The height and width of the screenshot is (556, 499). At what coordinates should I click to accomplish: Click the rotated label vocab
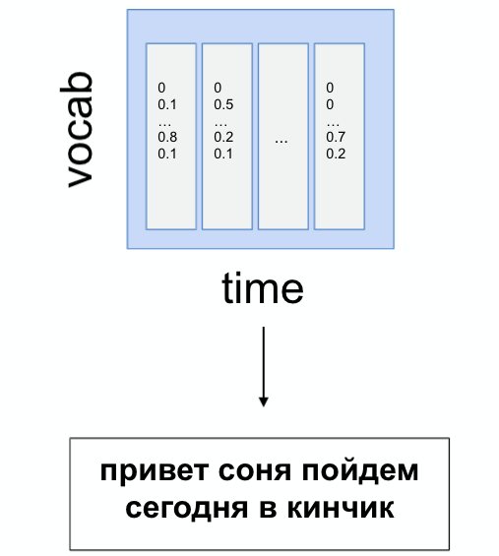(77, 130)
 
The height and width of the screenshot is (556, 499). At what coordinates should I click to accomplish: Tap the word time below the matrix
(263, 287)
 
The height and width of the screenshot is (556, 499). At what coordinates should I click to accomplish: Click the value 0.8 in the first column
(167, 137)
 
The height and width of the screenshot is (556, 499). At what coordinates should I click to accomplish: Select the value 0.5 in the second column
(223, 104)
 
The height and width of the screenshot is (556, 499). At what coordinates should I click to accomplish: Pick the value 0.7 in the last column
(336, 137)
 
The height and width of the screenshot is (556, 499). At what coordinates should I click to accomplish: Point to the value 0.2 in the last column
(336, 154)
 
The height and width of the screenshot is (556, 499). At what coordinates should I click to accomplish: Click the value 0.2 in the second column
(223, 137)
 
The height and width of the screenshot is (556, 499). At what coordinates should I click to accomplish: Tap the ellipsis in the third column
(281, 142)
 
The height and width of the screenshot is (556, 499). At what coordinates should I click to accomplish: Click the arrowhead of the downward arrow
(263, 402)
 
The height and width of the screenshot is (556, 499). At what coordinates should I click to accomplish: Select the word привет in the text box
(154, 472)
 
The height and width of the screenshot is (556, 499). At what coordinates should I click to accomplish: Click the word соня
(255, 472)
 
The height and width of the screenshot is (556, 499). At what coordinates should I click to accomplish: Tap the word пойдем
(360, 471)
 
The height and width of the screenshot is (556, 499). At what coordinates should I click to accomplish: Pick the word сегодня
(186, 509)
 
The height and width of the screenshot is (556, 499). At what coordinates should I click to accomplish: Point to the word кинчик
(341, 509)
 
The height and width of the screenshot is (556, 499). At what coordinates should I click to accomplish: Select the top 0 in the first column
(161, 88)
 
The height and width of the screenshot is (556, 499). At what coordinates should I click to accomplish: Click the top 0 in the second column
(218, 88)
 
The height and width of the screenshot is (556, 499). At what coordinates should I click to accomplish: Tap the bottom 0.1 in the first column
(167, 154)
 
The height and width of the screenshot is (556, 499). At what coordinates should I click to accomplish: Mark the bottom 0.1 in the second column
(223, 154)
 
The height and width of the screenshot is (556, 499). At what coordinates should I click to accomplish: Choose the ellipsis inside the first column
(164, 125)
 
